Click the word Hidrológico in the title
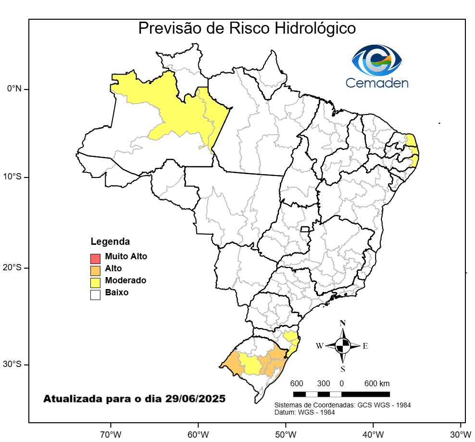point(315,28)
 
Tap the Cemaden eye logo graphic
point(377,60)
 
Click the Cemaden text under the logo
point(377,83)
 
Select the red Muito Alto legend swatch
point(95,257)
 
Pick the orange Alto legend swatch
point(95,270)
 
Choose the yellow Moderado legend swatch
point(95,282)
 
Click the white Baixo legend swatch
point(95,294)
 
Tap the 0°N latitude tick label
point(14,89)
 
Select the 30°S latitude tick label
point(12,364)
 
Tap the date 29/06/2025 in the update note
point(195,399)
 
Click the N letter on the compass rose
point(343,323)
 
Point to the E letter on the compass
point(365,346)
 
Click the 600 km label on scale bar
point(377,384)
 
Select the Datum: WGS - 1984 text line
point(304,412)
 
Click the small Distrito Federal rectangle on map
point(304,229)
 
